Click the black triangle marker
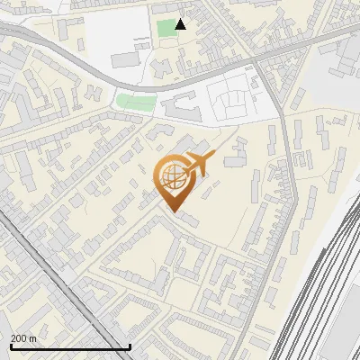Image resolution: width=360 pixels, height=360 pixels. tap(181, 24)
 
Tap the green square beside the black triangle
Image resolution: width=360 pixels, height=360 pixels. tap(166, 28)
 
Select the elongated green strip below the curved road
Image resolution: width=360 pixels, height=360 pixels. tap(135, 100)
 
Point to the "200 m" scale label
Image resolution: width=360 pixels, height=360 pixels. tap(24, 338)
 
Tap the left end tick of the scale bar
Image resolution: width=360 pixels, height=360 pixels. tap(11, 346)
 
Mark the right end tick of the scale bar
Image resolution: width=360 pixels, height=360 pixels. tap(130, 346)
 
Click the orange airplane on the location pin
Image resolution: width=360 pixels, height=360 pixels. tap(198, 166)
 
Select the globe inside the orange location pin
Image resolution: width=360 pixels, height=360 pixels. tap(172, 176)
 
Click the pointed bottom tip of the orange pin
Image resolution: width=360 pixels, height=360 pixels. tap(172, 212)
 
